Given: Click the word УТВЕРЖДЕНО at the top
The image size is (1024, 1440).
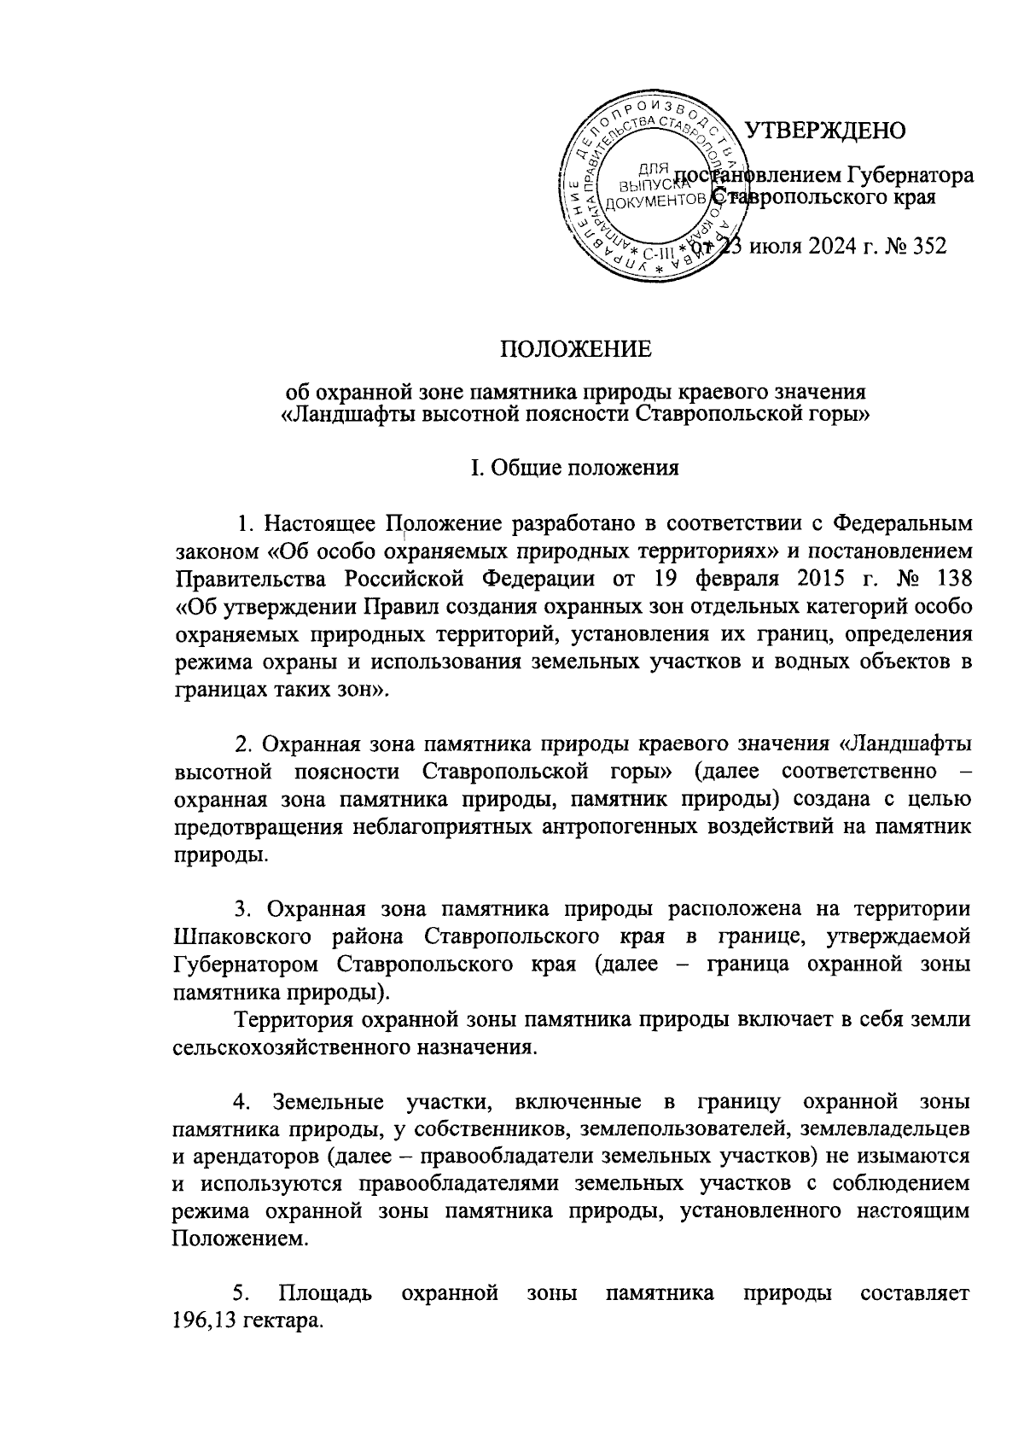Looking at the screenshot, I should pos(825,131).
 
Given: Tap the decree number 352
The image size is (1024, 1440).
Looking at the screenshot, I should pos(927,247).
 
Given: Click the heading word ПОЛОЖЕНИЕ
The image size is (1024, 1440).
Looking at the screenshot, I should pos(575,350).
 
